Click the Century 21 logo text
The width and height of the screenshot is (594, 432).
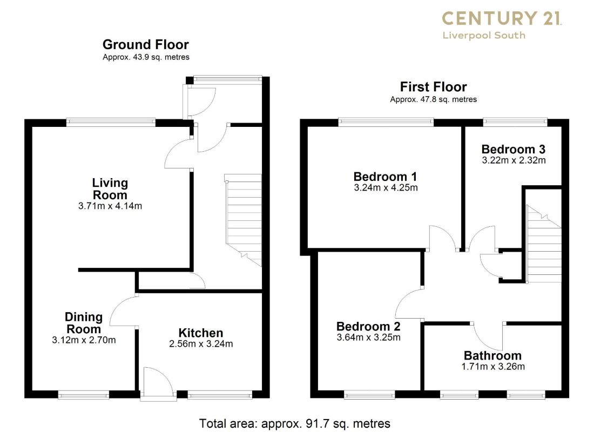click(x=502, y=18)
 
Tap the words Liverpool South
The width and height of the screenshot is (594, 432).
click(x=484, y=36)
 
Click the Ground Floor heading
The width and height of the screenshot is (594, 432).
click(x=145, y=45)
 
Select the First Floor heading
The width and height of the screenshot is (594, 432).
click(x=434, y=87)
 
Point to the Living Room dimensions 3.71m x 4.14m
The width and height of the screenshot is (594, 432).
click(x=110, y=206)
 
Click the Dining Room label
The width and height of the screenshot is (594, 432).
click(x=84, y=323)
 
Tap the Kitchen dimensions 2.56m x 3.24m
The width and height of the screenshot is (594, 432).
click(x=201, y=344)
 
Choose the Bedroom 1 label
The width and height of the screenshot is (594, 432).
click(x=385, y=177)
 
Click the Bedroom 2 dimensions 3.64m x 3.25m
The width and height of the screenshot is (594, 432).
click(x=369, y=337)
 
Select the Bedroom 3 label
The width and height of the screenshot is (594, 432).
click(x=514, y=149)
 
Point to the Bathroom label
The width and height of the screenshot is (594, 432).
click(x=492, y=355)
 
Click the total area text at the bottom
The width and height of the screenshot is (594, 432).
click(x=295, y=423)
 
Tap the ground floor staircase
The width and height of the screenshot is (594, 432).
click(x=244, y=220)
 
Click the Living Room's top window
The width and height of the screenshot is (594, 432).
click(x=111, y=122)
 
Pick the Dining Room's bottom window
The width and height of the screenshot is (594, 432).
click(x=83, y=396)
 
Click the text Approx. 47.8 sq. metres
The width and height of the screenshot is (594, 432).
click(x=434, y=100)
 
